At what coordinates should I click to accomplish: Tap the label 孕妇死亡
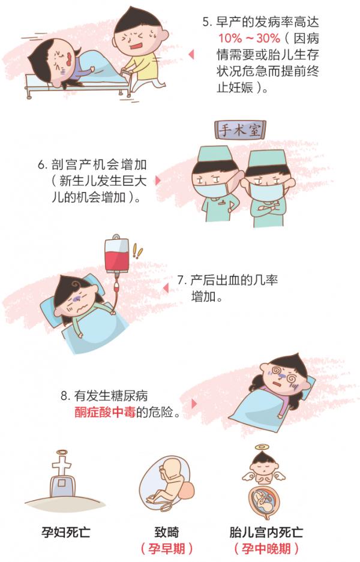tap(61, 531)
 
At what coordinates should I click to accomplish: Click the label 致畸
tap(166, 531)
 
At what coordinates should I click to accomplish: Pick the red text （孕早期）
tap(166, 549)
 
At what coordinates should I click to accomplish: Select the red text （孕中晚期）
tap(266, 549)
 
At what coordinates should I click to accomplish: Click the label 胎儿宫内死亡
tap(266, 531)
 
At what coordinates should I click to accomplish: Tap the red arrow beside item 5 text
tap(191, 55)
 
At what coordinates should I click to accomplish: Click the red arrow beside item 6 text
tap(158, 180)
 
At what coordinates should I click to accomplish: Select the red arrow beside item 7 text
tap(165, 288)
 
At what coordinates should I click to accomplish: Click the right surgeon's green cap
tap(264, 160)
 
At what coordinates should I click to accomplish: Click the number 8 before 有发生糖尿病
tap(64, 396)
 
